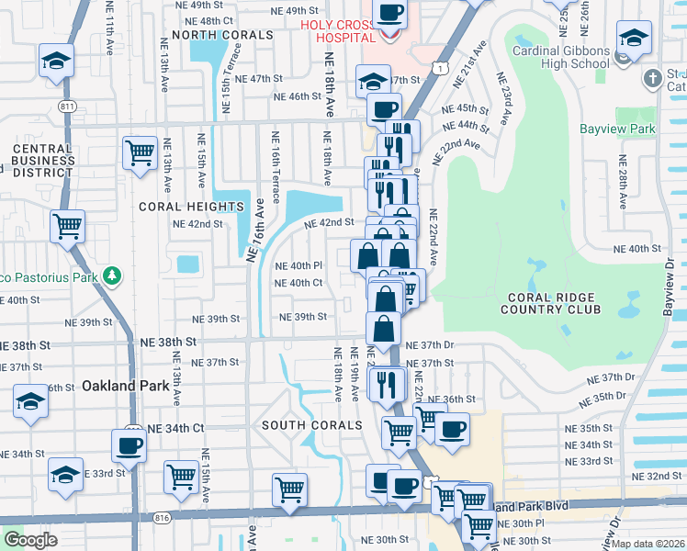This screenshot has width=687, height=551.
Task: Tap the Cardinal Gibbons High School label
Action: click(x=561, y=57)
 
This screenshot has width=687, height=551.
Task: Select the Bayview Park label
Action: click(x=617, y=129)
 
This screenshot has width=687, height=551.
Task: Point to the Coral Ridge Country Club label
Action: click(x=550, y=304)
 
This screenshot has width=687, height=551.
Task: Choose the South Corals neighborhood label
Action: click(x=311, y=425)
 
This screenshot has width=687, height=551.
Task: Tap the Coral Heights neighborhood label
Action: click(x=181, y=207)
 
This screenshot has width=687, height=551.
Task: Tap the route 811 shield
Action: click(x=67, y=107)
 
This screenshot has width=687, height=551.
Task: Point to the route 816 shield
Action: click(x=163, y=518)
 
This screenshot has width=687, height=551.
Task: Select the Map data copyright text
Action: click(x=648, y=544)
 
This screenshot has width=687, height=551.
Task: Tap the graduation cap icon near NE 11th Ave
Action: click(x=55, y=61)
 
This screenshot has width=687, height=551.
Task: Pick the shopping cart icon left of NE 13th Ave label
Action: click(x=139, y=152)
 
